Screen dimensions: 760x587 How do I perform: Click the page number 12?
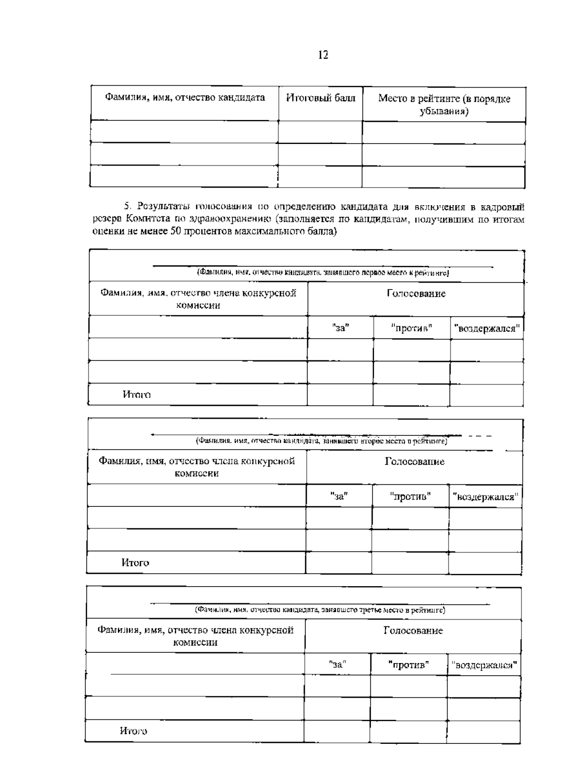[323, 55]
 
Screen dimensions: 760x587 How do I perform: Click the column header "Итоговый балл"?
[320, 98]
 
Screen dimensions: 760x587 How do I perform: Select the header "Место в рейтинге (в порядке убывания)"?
[444, 105]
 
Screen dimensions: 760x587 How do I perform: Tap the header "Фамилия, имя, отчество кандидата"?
[185, 97]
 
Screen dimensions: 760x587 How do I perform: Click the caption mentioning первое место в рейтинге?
[323, 272]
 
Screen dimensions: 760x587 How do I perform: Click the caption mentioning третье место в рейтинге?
[320, 610]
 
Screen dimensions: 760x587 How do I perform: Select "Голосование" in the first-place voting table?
[416, 294]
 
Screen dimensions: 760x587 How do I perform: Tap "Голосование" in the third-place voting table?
[413, 631]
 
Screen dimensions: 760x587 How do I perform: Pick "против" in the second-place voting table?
[410, 497]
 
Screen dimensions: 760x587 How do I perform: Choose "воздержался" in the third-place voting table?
[484, 665]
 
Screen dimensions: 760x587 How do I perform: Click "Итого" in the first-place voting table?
[136, 395]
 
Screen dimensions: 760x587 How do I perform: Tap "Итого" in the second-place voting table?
[135, 563]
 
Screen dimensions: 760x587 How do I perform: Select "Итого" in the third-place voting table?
[134, 731]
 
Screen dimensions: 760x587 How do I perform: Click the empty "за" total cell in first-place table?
[340, 395]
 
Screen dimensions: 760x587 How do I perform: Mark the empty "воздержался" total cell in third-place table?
[483, 731]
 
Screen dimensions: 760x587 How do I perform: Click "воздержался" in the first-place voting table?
[487, 328]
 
